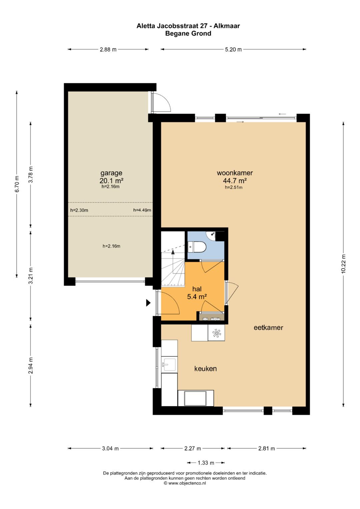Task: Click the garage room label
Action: click(x=111, y=173)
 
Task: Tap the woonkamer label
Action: click(x=235, y=173)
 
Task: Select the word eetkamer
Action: click(x=268, y=327)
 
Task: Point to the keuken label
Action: click(x=205, y=368)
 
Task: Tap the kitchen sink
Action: click(x=168, y=365)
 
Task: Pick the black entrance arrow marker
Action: click(x=148, y=303)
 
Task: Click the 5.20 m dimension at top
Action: click(x=233, y=49)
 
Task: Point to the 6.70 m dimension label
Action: click(x=17, y=184)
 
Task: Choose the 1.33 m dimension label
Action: click(x=206, y=463)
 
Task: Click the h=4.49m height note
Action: click(x=142, y=210)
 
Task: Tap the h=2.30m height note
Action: click(x=79, y=210)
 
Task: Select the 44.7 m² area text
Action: click(x=235, y=181)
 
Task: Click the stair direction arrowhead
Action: click(x=173, y=252)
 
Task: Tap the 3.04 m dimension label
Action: click(x=110, y=448)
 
